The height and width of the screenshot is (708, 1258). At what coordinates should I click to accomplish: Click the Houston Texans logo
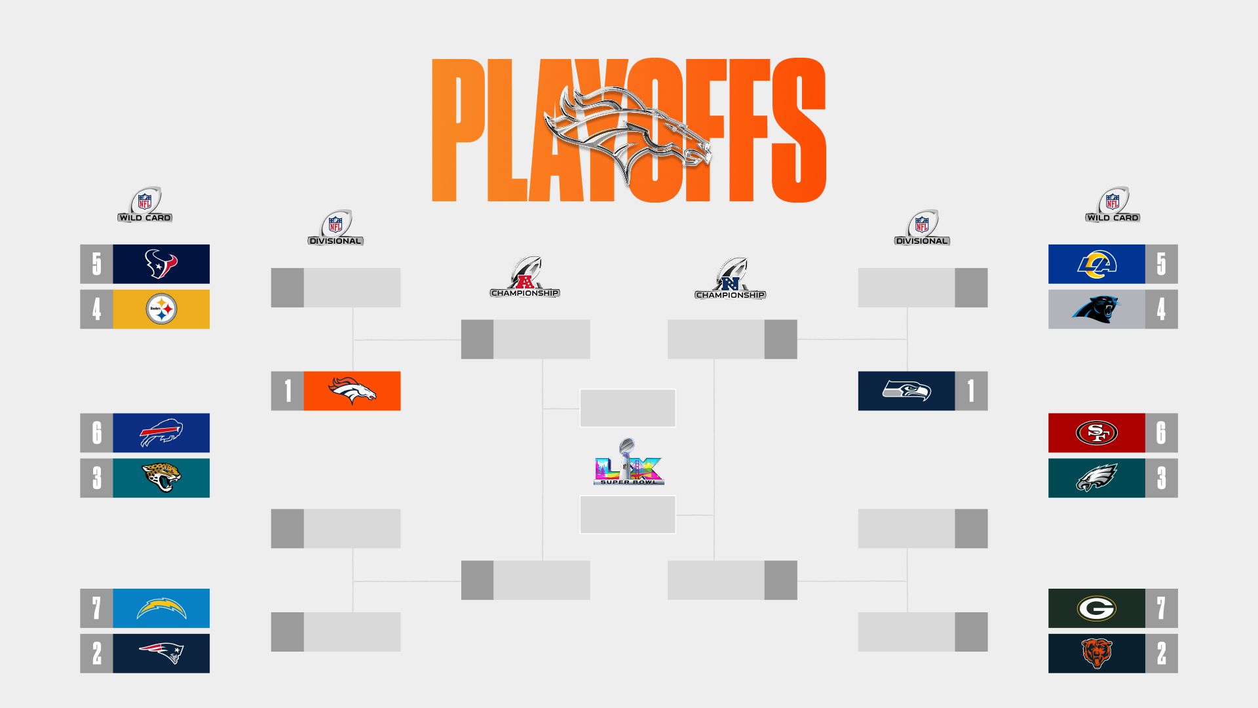pyautogui.click(x=161, y=264)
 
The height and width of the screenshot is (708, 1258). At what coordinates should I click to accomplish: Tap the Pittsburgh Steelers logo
pyautogui.click(x=161, y=309)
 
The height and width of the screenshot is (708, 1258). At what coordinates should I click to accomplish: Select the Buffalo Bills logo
pyautogui.click(x=161, y=433)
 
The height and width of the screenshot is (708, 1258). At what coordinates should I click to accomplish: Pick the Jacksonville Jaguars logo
pyautogui.click(x=161, y=478)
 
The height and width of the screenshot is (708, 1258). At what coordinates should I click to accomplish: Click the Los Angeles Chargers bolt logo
pyautogui.click(x=161, y=608)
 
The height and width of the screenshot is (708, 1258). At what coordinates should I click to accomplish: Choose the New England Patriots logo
pyautogui.click(x=161, y=653)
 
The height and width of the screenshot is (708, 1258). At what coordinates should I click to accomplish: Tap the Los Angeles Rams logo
pyautogui.click(x=1097, y=264)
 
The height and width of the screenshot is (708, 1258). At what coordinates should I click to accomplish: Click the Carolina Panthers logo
pyautogui.click(x=1097, y=309)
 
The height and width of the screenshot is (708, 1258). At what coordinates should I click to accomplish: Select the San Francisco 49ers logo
pyautogui.click(x=1097, y=433)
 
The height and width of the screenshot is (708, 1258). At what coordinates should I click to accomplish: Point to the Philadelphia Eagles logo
pyautogui.click(x=1097, y=478)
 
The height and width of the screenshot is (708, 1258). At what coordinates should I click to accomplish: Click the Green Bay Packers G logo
pyautogui.click(x=1097, y=608)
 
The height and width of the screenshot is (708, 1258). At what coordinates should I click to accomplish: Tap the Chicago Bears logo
pyautogui.click(x=1097, y=653)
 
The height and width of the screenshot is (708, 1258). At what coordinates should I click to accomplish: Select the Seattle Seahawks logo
pyautogui.click(x=907, y=391)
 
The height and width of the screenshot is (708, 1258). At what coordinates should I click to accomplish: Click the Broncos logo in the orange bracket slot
pyautogui.click(x=353, y=391)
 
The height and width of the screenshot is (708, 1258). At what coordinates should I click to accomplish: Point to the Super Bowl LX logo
pyautogui.click(x=628, y=462)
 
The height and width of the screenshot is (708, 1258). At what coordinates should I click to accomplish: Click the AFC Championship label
pyautogui.click(x=525, y=292)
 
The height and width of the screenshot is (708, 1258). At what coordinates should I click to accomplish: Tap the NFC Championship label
pyautogui.click(x=730, y=294)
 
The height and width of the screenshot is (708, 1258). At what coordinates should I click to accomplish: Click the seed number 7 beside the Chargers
pyautogui.click(x=96, y=608)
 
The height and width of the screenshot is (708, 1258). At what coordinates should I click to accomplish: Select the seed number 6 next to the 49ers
pyautogui.click(x=1161, y=433)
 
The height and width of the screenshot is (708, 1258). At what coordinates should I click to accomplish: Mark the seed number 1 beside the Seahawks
pyautogui.click(x=971, y=391)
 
